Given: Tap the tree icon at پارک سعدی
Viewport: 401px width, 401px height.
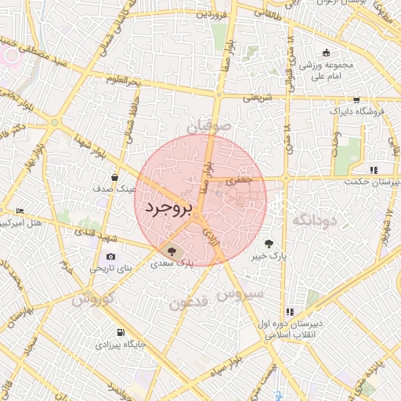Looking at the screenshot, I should click(172, 251).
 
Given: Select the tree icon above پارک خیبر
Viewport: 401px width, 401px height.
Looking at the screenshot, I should click(270, 243).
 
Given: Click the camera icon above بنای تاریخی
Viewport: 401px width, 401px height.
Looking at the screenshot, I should click(110, 256).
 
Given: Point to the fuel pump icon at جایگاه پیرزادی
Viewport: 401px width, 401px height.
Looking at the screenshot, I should click(120, 331).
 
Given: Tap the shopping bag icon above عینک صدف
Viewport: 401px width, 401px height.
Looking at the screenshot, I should click(115, 177).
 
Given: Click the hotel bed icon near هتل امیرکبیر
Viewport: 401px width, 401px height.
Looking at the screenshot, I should click(20, 211).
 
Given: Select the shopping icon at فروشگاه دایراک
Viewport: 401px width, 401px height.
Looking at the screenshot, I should click(357, 100).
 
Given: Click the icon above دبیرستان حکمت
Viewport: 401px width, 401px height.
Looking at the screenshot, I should click(374, 169).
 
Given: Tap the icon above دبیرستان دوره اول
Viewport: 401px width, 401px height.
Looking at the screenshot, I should click(291, 312).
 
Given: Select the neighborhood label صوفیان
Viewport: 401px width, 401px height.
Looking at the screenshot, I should click(209, 125).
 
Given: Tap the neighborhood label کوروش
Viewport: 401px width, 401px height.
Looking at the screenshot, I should click(93, 299).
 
